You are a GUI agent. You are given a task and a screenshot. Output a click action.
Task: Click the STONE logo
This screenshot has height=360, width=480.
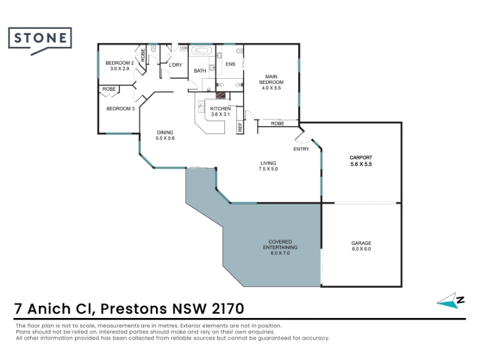pyautogui.click(x=40, y=39)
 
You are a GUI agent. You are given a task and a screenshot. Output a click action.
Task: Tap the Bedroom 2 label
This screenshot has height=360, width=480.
pyautogui.click(x=119, y=63)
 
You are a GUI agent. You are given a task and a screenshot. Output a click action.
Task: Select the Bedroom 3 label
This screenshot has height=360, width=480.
pyautogui.click(x=121, y=109)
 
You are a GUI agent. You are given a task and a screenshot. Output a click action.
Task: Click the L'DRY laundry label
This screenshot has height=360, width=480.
pyautogui.click(x=175, y=65)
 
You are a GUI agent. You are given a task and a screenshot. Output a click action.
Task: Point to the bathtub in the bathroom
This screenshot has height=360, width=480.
pyautogui.click(x=201, y=50)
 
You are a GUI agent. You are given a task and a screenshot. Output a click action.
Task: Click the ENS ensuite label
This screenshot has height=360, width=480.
pyautogui.click(x=230, y=64)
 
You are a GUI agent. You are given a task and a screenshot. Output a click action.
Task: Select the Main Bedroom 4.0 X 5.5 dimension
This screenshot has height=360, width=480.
pyautogui.click(x=271, y=88)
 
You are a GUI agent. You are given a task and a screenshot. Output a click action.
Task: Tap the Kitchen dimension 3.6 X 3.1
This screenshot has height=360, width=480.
pyautogui.click(x=220, y=115)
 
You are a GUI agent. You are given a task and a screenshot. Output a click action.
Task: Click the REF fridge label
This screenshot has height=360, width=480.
pyautogui.click(x=240, y=127)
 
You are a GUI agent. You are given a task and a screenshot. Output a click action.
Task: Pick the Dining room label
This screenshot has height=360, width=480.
pyautogui.click(x=165, y=133)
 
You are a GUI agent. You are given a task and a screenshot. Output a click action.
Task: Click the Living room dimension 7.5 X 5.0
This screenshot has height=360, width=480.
pyautogui.click(x=268, y=169)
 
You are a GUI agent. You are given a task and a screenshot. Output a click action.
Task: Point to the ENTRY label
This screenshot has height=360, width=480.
pyautogui.click(x=301, y=149)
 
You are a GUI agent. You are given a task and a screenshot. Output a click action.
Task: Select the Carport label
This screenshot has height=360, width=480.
pyautogui.click(x=361, y=158)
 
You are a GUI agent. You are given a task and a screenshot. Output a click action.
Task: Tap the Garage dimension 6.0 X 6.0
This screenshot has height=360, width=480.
pyautogui.click(x=361, y=249)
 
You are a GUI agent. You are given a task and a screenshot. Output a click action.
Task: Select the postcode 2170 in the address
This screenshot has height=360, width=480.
pyautogui.click(x=228, y=308)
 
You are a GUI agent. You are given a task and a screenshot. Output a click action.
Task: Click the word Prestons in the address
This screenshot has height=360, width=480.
pyautogui.click(x=134, y=308)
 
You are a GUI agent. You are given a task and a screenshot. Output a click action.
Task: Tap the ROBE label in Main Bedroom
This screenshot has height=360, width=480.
pyautogui.click(x=277, y=124)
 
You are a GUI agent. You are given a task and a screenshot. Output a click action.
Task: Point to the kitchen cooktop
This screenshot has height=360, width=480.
pyautogui.click(x=220, y=95)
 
